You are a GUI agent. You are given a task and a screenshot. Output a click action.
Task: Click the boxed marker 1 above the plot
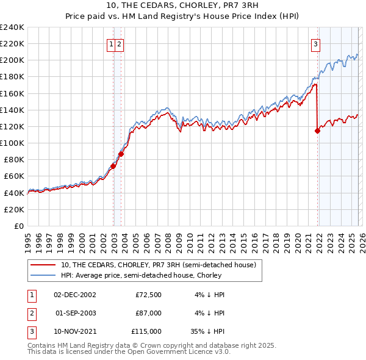[111, 43]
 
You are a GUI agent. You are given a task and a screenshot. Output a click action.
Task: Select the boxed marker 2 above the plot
[119, 43]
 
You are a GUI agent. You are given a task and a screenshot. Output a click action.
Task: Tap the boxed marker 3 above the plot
[315, 43]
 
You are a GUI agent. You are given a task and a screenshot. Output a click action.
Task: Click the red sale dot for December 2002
[113, 165]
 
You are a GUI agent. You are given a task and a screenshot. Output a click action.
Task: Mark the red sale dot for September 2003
[121, 154]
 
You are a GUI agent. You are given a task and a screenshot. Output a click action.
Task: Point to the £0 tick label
[18, 226]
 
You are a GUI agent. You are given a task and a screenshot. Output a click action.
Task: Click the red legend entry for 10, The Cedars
[162, 264]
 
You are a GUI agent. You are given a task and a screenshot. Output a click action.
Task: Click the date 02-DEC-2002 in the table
[75, 295]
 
